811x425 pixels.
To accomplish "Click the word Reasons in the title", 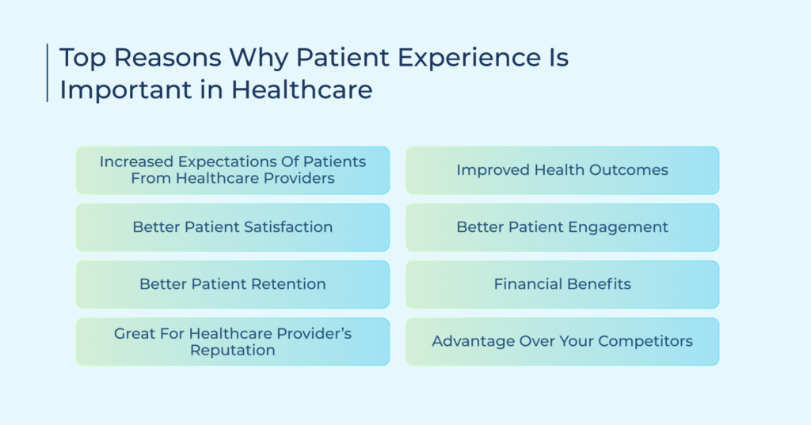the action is [x=168, y=57].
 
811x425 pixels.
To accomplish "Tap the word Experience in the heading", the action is [x=483, y=58].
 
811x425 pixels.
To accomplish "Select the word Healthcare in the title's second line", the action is [x=302, y=89].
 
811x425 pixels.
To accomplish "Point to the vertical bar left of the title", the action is [x=47, y=73].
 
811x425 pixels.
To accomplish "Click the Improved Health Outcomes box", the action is [x=562, y=171].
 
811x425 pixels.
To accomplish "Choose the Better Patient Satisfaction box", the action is [x=233, y=227].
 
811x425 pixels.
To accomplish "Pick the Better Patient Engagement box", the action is [x=562, y=227].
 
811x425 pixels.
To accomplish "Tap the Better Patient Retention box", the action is [x=233, y=284].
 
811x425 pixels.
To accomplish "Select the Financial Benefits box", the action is [x=562, y=284].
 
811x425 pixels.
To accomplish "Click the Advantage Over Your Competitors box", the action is [x=562, y=342].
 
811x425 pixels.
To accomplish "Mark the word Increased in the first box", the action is [x=136, y=161].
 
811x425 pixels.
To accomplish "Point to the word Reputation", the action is [x=233, y=351].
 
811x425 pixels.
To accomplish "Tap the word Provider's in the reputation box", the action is [x=314, y=333].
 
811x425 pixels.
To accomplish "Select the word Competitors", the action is [x=645, y=342].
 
